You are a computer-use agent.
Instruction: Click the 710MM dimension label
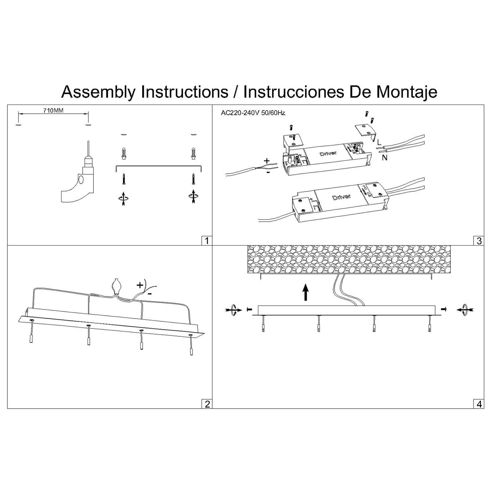click(53, 111)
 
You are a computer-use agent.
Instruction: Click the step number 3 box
click(479, 241)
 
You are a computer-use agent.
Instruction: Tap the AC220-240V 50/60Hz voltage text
click(253, 113)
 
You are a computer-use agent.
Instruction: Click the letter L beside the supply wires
click(379, 142)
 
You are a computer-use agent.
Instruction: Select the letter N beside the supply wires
click(384, 158)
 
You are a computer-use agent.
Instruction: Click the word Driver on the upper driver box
click(328, 153)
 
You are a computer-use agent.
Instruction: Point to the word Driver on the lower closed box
click(341, 197)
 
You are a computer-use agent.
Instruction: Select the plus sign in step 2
click(140, 285)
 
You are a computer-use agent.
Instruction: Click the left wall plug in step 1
click(124, 153)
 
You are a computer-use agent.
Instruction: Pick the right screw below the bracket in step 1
click(193, 179)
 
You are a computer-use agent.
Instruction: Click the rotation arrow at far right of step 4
click(465, 310)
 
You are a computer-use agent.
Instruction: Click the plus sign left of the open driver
click(267, 161)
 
